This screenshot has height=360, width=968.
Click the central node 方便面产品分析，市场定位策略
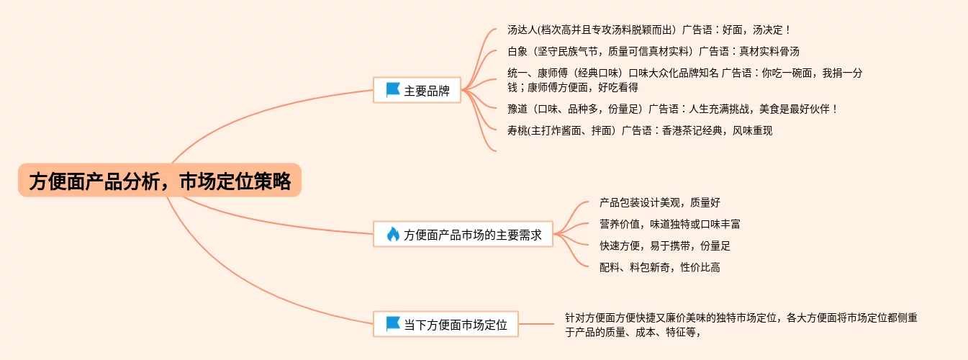159,180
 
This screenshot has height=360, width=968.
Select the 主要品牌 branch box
417,91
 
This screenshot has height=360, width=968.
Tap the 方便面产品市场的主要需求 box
463,234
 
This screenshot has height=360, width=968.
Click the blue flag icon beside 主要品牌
393,90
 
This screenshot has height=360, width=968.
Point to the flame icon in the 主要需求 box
393,234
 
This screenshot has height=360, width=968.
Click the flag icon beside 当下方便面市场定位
393,324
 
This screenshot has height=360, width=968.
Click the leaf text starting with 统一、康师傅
684,80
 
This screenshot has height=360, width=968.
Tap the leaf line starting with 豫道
672,109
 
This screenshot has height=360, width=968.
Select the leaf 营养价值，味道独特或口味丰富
669,224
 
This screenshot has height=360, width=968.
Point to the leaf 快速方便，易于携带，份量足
664,246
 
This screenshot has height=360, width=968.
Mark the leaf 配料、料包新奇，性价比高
659,267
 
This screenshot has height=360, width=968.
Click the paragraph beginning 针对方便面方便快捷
741,324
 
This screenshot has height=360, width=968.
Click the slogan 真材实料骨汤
769,51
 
